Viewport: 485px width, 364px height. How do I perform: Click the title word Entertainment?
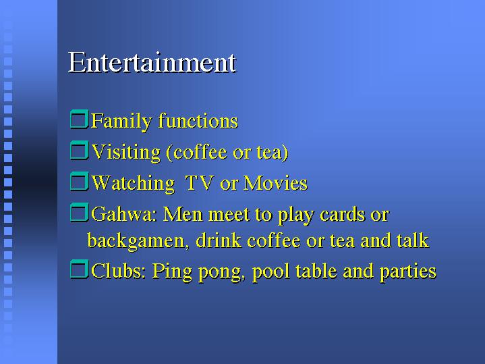[x=152, y=63]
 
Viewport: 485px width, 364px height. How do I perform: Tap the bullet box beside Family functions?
[x=79, y=120]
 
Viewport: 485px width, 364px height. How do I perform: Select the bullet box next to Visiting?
[x=79, y=151]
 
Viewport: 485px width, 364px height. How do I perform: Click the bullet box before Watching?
[x=79, y=181]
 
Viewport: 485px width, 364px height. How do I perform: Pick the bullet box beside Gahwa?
[x=79, y=213]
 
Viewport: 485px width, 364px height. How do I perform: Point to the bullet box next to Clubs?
[x=79, y=269]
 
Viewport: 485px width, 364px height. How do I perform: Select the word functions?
[x=198, y=120]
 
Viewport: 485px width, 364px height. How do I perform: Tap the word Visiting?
[x=126, y=153]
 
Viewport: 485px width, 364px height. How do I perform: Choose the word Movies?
[x=275, y=183]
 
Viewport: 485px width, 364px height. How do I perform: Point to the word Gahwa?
[x=122, y=214]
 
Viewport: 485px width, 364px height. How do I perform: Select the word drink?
[x=219, y=240]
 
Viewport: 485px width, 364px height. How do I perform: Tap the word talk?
[x=413, y=240]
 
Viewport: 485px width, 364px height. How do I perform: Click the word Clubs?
[x=119, y=271]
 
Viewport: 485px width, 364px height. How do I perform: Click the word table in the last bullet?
[x=316, y=271]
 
